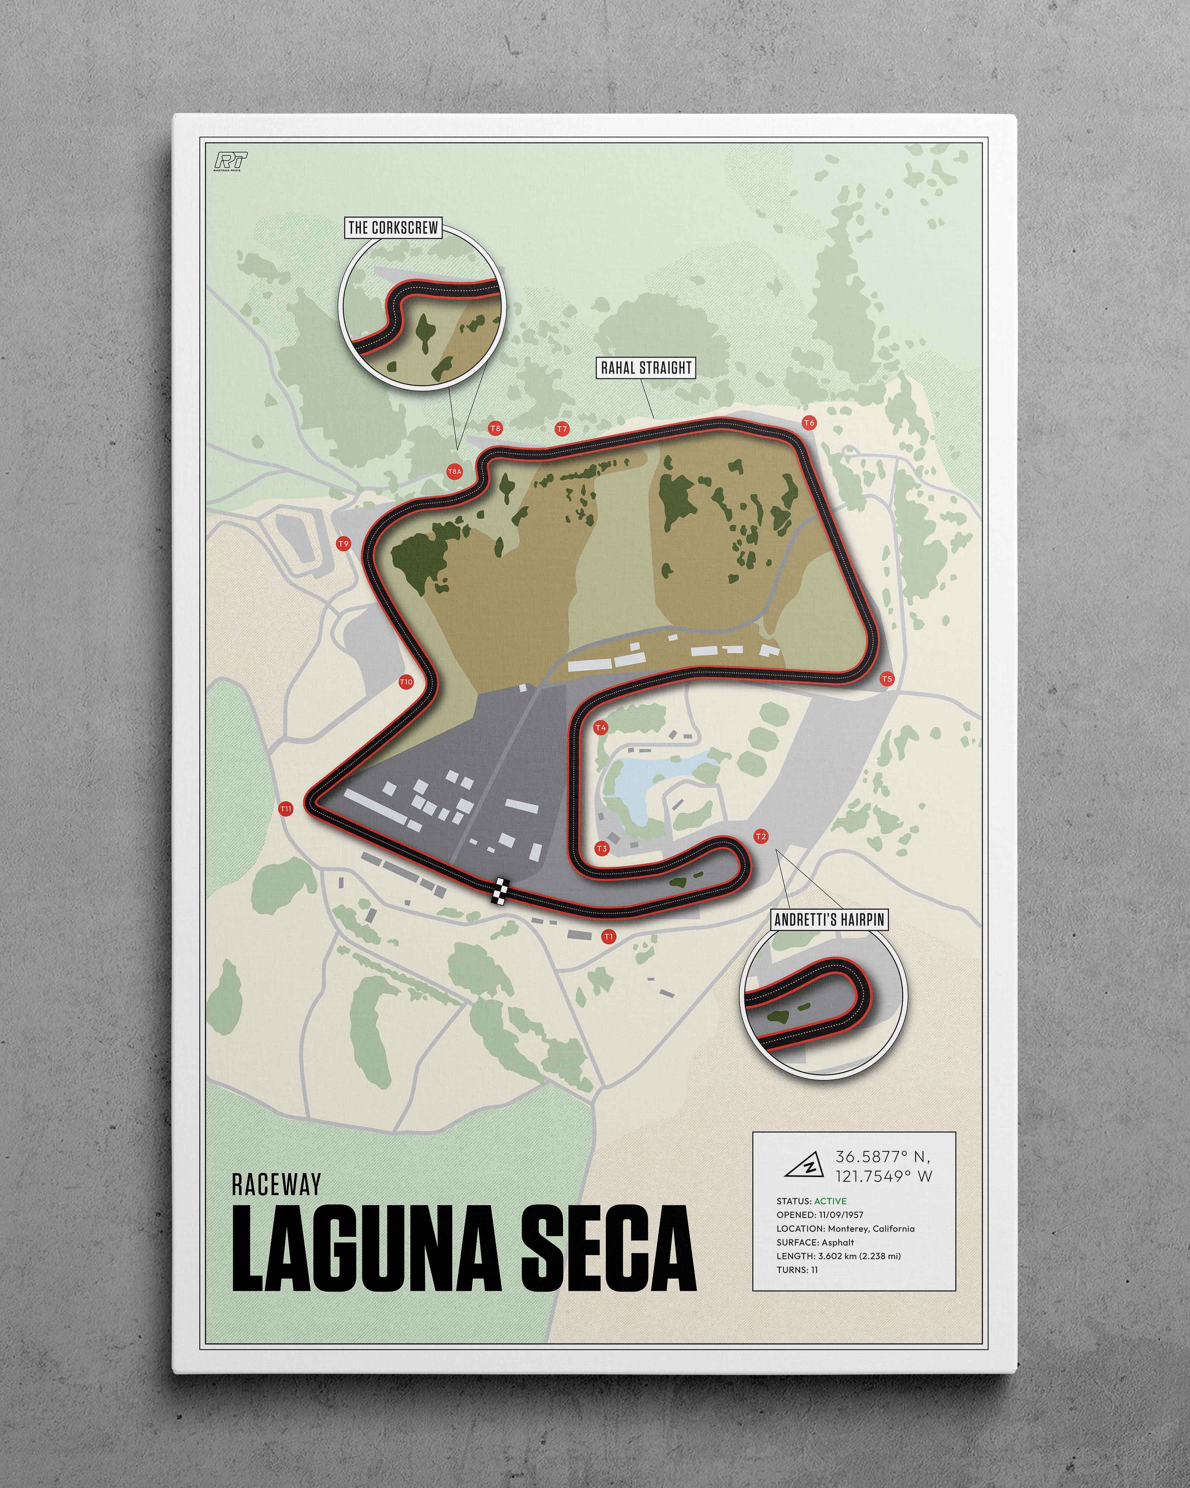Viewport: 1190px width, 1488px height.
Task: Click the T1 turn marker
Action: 608,937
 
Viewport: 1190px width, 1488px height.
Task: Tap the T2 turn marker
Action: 761,837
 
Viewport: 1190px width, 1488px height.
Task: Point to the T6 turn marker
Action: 809,422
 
